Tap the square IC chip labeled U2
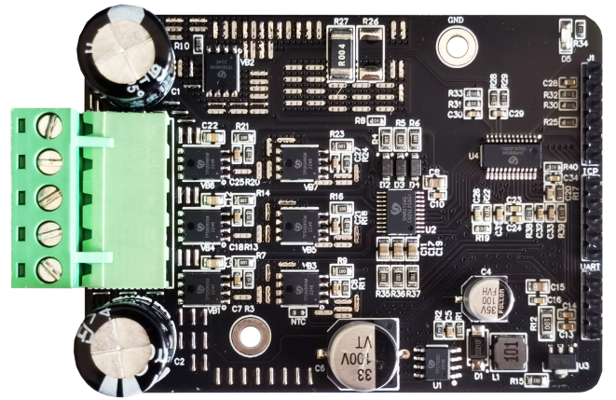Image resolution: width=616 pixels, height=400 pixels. (x=408, y=213)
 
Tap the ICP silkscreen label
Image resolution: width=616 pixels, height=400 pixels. (x=590, y=172)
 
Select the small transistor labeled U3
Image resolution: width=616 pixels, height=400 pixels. (x=559, y=358)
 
